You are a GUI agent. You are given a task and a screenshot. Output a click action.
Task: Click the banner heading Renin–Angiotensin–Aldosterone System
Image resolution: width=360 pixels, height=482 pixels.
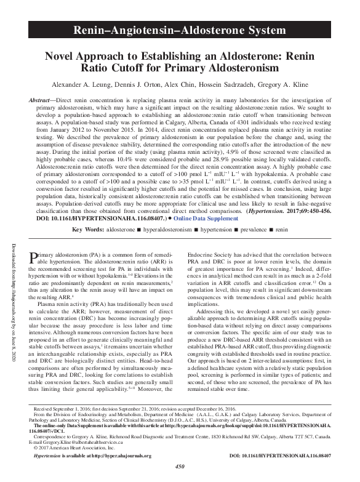tap(180, 30)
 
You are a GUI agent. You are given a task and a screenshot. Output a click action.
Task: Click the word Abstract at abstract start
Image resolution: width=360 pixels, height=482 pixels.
tap(42, 100)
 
